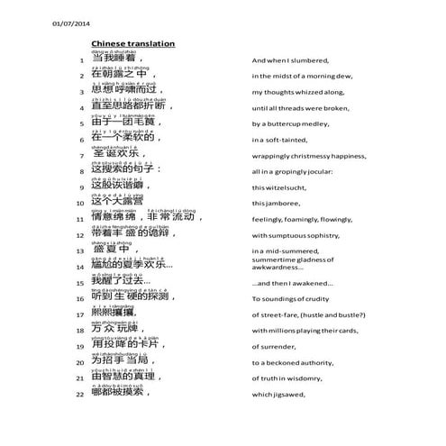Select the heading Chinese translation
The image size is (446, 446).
click(x=132, y=43)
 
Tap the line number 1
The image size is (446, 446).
click(x=81, y=59)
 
